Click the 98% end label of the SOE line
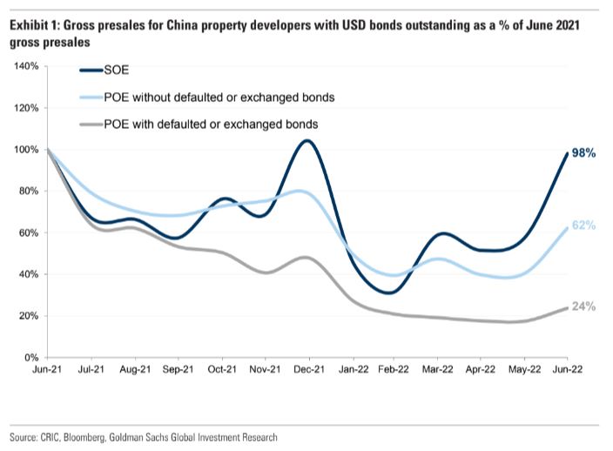pyautogui.click(x=583, y=153)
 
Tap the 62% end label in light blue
pyautogui.click(x=583, y=225)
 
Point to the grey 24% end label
pyautogui.click(x=583, y=306)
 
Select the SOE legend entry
pyautogui.click(x=115, y=71)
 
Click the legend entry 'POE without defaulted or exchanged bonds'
pyautogui.click(x=219, y=97)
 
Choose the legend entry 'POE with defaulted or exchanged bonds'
pyautogui.click(x=210, y=124)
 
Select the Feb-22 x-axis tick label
pyautogui.click(x=394, y=369)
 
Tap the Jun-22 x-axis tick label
pyautogui.click(x=568, y=369)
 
